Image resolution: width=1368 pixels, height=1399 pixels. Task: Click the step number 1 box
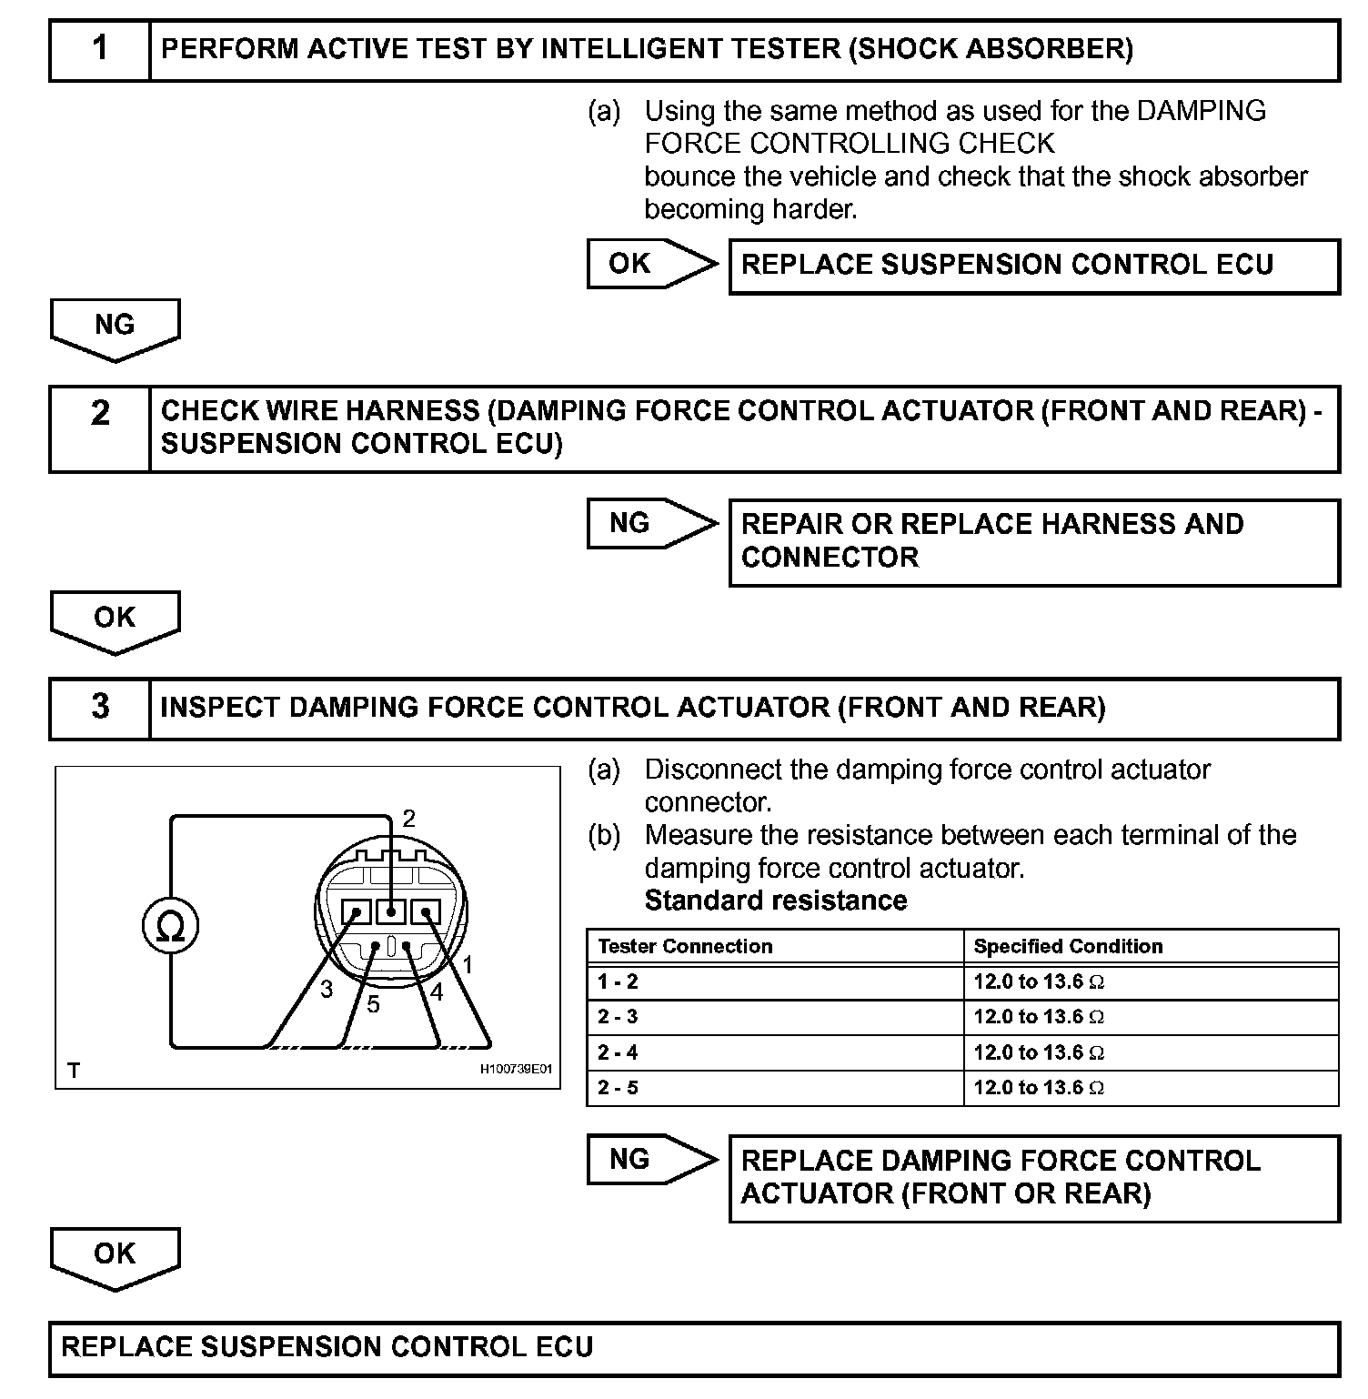coord(100,50)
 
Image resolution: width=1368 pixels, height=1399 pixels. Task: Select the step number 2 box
coord(100,428)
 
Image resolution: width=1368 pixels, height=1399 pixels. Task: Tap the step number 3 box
coord(100,708)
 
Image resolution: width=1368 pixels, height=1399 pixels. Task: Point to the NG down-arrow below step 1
coord(115,328)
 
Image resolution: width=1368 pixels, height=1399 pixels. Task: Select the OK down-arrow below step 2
coord(115,621)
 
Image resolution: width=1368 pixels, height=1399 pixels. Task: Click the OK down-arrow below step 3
coord(115,1257)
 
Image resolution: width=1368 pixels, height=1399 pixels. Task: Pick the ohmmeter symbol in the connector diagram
coord(170,927)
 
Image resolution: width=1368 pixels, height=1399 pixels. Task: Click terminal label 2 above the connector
coord(408,819)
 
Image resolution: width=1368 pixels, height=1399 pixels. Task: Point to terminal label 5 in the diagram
coord(373,1004)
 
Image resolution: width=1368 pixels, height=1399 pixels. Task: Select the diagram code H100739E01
coord(516,1070)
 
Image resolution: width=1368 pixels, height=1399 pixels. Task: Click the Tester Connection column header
coord(685,946)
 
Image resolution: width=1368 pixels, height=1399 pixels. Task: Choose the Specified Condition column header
coord(1068,946)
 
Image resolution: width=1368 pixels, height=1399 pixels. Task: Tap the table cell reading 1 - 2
coord(619,981)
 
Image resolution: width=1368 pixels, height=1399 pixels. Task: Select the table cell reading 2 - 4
coord(619,1052)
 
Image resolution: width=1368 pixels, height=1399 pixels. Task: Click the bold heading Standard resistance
coord(776,901)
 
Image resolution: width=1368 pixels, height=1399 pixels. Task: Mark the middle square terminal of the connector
coord(391,911)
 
